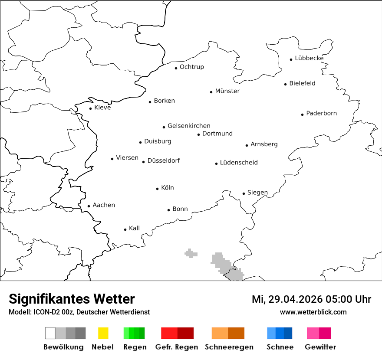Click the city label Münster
(227, 91)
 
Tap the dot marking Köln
(158, 189)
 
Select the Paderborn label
(321, 113)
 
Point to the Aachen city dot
(89, 206)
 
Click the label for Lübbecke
(309, 58)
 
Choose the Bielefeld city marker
(286, 84)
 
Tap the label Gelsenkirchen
(189, 126)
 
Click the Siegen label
(257, 193)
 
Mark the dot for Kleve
(90, 108)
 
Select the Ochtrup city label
(191, 67)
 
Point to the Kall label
(134, 228)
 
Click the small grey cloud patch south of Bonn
(191, 253)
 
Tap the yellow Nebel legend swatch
(103, 333)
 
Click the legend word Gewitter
(320, 347)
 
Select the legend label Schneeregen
(229, 347)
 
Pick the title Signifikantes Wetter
(72, 299)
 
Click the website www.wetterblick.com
(313, 312)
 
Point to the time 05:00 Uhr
(349, 299)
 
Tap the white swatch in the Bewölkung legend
(50, 333)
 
